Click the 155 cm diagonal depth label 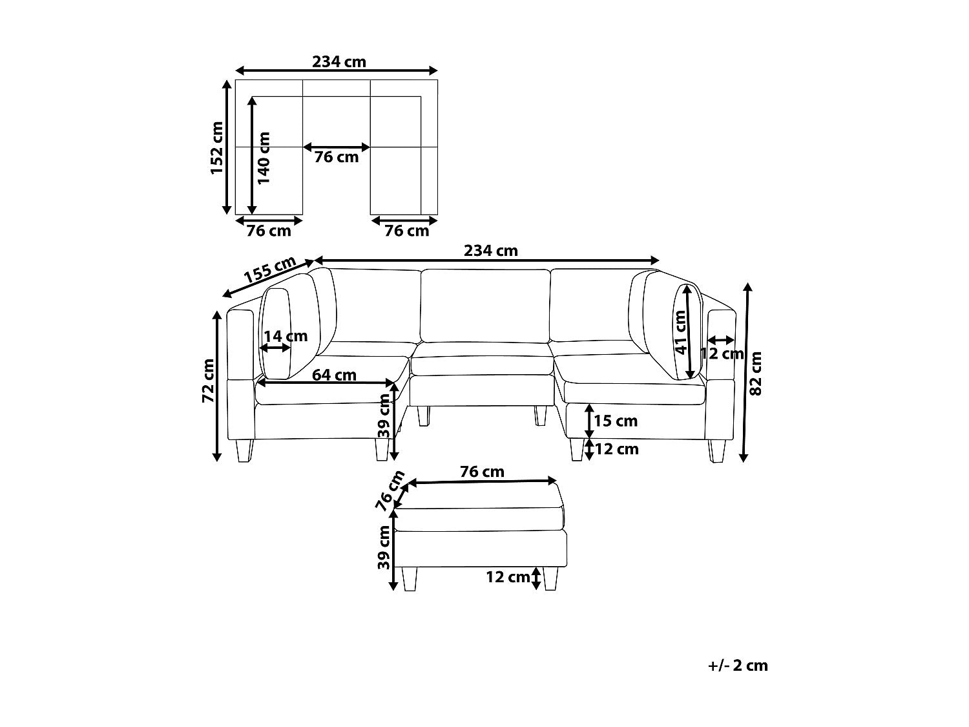tap(270, 269)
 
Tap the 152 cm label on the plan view tap(217, 148)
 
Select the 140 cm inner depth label tap(264, 158)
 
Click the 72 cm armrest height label tap(208, 381)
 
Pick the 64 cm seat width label tap(334, 375)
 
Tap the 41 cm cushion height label tap(681, 332)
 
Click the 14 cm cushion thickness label tap(286, 336)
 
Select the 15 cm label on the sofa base tap(616, 421)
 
